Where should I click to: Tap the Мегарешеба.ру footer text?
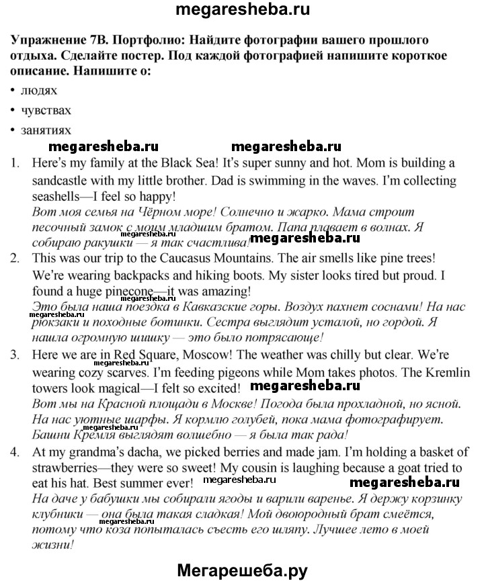[x=242, y=570]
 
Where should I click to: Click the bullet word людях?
[x=38, y=89]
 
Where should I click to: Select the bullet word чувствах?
[x=45, y=109]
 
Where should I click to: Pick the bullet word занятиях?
[x=45, y=130]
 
